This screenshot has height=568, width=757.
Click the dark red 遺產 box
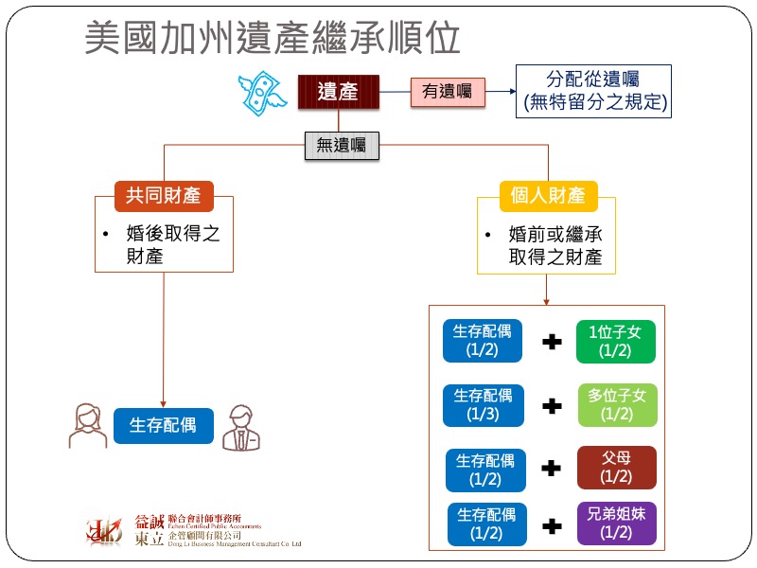pyautogui.click(x=339, y=92)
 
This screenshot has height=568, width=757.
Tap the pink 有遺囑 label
pyautogui.click(x=447, y=92)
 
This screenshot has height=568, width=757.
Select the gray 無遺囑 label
pyautogui.click(x=341, y=146)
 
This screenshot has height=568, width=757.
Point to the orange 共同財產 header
pyautogui.click(x=164, y=196)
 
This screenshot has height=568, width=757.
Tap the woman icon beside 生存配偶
pyautogui.click(x=86, y=425)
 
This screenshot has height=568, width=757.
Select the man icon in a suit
pyautogui.click(x=239, y=428)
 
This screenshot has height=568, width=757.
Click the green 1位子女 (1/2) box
pyautogui.click(x=615, y=341)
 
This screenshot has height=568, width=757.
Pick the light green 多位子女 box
pyautogui.click(x=616, y=404)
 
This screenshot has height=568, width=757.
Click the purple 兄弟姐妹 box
pyautogui.click(x=616, y=524)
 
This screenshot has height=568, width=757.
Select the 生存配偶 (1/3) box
pyautogui.click(x=483, y=404)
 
